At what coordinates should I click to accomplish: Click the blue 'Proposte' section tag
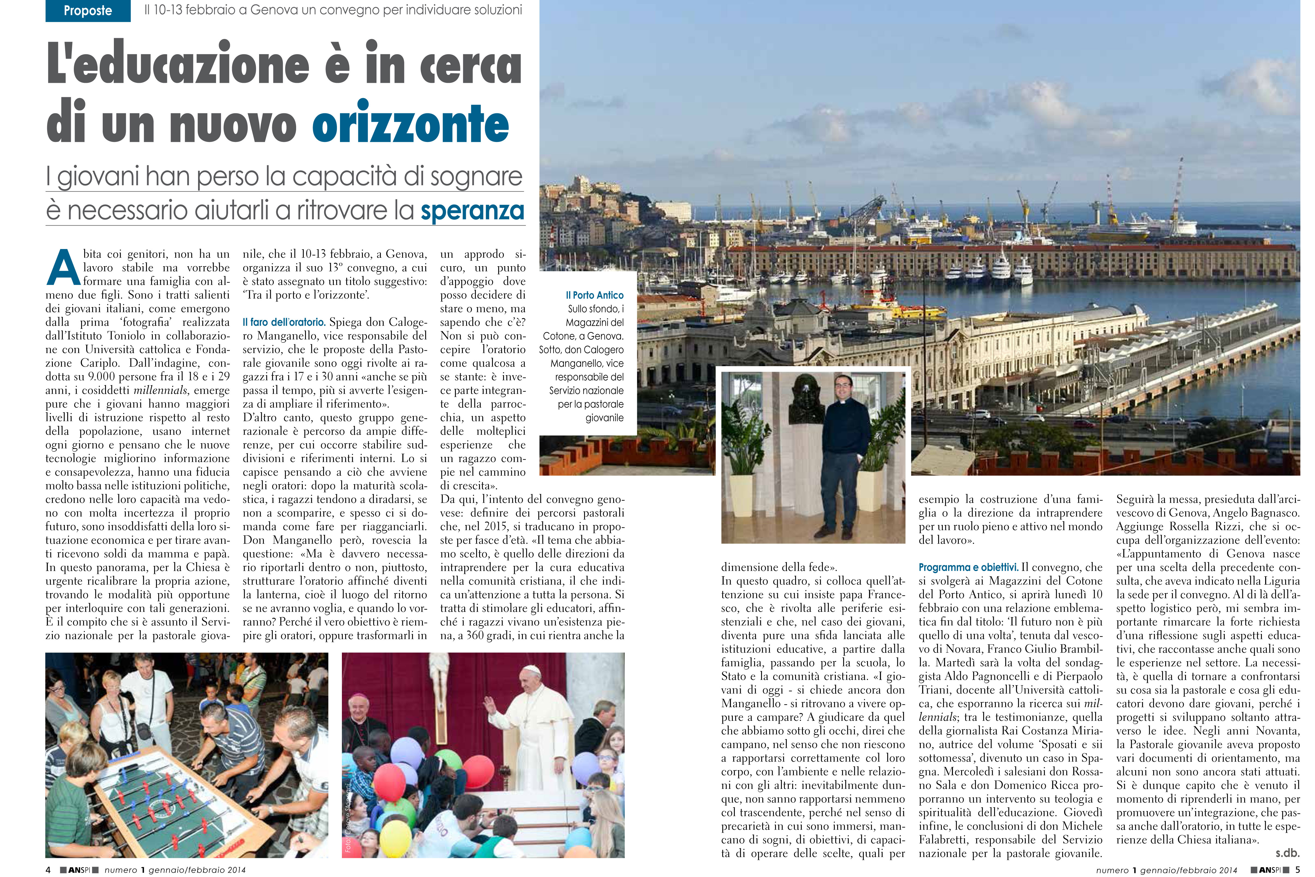[88, 11]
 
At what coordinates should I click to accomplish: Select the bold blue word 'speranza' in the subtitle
[472, 211]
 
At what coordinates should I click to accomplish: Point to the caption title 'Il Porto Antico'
[594, 295]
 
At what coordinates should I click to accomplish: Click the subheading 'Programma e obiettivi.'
[968, 567]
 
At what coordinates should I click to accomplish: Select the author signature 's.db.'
[1287, 853]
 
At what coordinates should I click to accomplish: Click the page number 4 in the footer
[49, 870]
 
